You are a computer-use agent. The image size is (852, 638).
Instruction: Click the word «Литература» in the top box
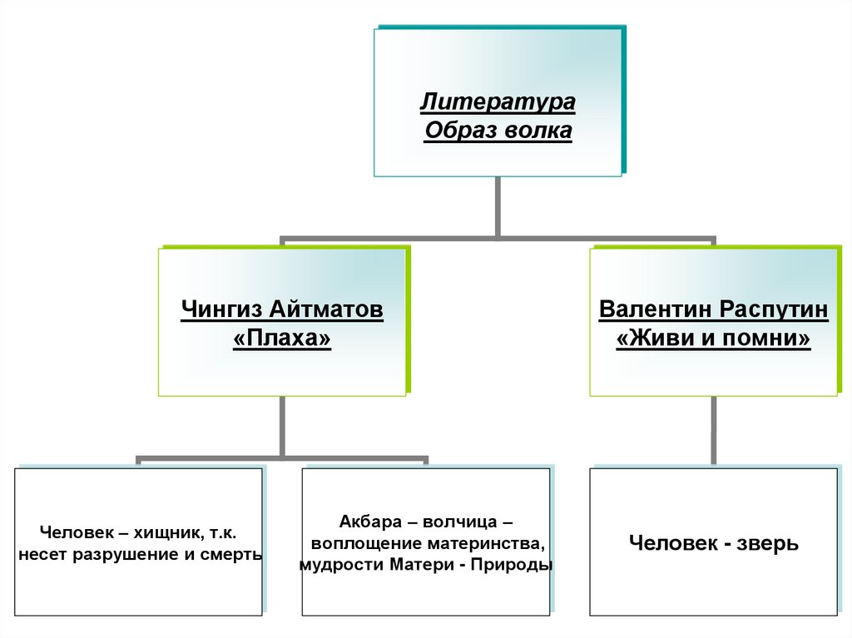tap(498, 103)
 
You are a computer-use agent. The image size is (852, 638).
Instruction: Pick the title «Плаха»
tap(283, 339)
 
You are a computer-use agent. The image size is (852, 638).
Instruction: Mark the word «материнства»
tap(483, 544)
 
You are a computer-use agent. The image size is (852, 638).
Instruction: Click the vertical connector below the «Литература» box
tap(498, 206)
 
